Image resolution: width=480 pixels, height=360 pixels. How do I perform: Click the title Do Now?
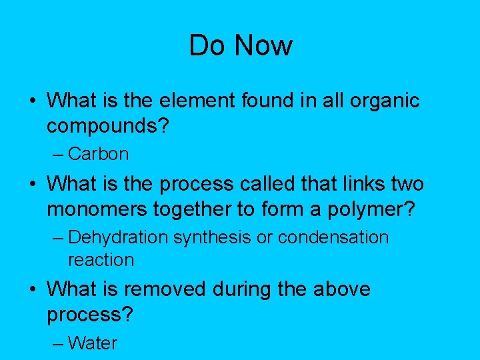[241, 45]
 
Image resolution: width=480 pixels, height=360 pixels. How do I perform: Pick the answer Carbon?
[98, 154]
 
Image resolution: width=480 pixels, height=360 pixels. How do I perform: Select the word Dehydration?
[118, 237]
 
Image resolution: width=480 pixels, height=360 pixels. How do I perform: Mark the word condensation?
[333, 237]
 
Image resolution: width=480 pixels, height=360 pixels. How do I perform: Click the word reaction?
[101, 260]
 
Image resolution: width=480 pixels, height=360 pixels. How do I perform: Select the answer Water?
[92, 343]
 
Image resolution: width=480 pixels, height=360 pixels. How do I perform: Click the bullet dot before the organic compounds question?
[32, 101]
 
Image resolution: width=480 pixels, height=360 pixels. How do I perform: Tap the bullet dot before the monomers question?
[32, 183]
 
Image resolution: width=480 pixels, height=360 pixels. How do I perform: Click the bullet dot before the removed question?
[32, 290]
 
